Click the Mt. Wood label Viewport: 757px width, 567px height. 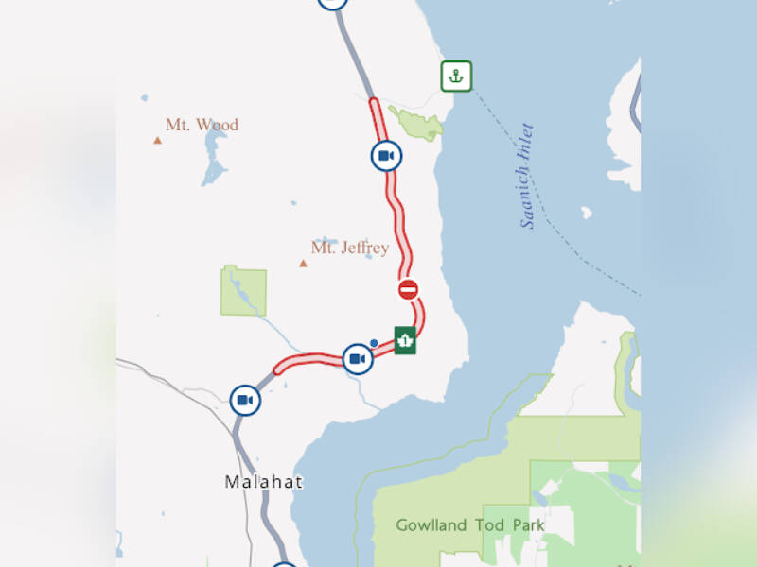(x=202, y=125)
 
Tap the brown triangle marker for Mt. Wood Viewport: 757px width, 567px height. (x=158, y=141)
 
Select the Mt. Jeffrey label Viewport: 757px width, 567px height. (x=350, y=248)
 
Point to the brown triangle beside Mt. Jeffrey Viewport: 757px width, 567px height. (x=303, y=263)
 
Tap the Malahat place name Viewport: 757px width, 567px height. (x=264, y=482)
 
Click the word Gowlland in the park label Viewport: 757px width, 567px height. (x=431, y=524)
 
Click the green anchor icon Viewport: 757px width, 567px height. (x=456, y=77)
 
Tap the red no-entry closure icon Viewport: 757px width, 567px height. (x=408, y=289)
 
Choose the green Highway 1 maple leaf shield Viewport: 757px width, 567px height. (x=405, y=339)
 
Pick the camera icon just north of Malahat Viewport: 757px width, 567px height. (x=245, y=401)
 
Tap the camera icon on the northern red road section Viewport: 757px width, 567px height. (x=385, y=155)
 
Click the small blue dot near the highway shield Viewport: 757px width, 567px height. (x=375, y=342)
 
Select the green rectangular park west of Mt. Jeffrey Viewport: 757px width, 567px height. (x=243, y=292)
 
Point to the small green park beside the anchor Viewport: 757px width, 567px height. (x=416, y=123)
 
